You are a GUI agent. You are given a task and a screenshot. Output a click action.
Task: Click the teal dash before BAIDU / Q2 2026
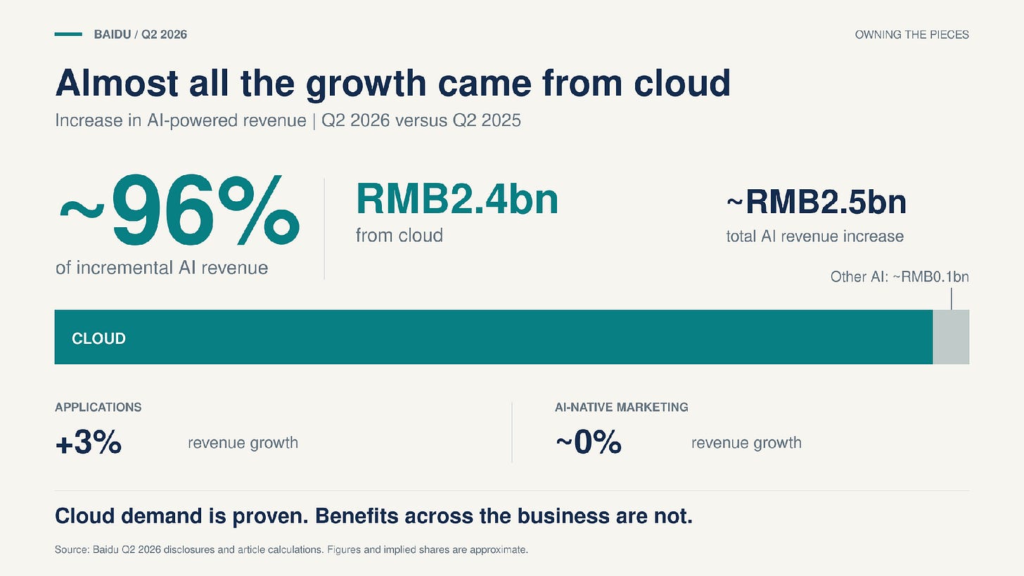pos(68,34)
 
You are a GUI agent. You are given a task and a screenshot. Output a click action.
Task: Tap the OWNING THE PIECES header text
pos(911,34)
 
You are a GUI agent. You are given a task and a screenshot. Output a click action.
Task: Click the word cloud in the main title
pos(682,83)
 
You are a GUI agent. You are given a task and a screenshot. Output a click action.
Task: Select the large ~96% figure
pos(179,210)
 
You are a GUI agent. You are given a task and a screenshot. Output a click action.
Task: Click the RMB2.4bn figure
pos(457,199)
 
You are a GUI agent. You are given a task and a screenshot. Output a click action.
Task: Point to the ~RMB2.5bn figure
pos(817,202)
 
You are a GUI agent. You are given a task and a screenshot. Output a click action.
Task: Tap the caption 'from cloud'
pos(399,236)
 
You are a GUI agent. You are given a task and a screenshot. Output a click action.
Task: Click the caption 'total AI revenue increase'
pos(814,236)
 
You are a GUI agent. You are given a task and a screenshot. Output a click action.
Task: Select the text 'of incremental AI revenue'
pos(162,268)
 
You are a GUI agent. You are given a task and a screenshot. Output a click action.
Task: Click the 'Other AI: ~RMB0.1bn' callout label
pos(900,277)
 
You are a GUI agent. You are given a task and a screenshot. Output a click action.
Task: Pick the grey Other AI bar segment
pos(951,337)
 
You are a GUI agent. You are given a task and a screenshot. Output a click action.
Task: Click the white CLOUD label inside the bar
pos(98,338)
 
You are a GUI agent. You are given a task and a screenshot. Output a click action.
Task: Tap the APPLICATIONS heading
pos(98,407)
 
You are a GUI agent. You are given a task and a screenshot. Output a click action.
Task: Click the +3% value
pos(88,442)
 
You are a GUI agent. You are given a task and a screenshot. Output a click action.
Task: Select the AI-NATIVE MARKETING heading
pos(621,407)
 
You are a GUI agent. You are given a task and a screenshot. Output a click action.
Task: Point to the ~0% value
pos(589,442)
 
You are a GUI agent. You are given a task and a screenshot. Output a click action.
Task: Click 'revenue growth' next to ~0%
pos(746,443)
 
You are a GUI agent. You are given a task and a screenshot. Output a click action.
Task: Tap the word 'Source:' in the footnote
pos(72,549)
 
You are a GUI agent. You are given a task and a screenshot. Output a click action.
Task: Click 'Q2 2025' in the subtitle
pos(487,121)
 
